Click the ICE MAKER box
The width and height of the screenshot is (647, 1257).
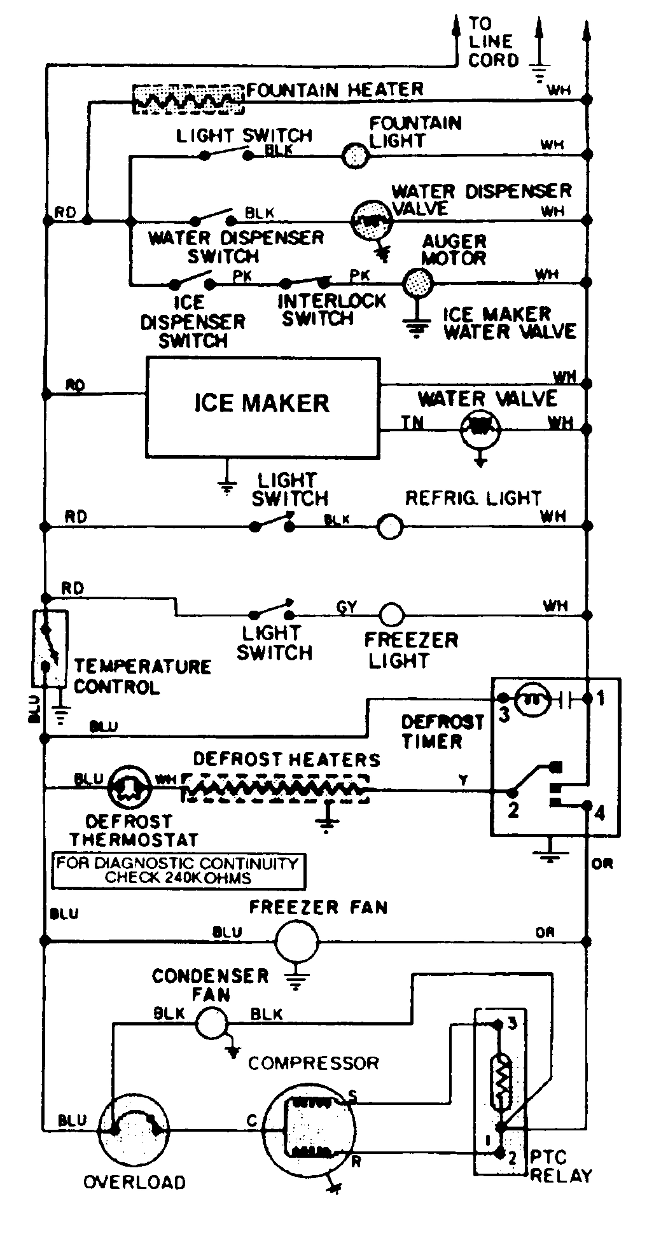click(x=263, y=407)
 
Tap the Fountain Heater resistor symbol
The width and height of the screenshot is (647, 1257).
click(x=188, y=99)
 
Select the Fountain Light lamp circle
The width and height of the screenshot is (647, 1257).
click(x=355, y=155)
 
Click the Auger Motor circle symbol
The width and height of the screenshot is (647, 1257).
click(x=419, y=281)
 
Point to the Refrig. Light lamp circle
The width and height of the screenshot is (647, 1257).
click(x=390, y=527)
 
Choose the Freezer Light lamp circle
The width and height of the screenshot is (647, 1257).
click(x=391, y=615)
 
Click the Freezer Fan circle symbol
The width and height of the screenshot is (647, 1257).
click(x=296, y=939)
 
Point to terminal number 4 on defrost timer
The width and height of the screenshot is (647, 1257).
click(x=599, y=812)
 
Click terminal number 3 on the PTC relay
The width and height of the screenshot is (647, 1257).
click(x=512, y=1024)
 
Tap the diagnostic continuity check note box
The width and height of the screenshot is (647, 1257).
click(x=177, y=871)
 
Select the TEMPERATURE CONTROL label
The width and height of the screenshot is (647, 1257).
click(x=142, y=676)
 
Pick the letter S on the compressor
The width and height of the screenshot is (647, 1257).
click(x=353, y=1095)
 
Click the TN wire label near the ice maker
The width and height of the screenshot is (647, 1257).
click(x=412, y=422)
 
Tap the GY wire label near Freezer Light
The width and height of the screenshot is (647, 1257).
click(x=347, y=607)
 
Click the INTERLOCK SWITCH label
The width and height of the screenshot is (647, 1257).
click(x=331, y=309)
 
